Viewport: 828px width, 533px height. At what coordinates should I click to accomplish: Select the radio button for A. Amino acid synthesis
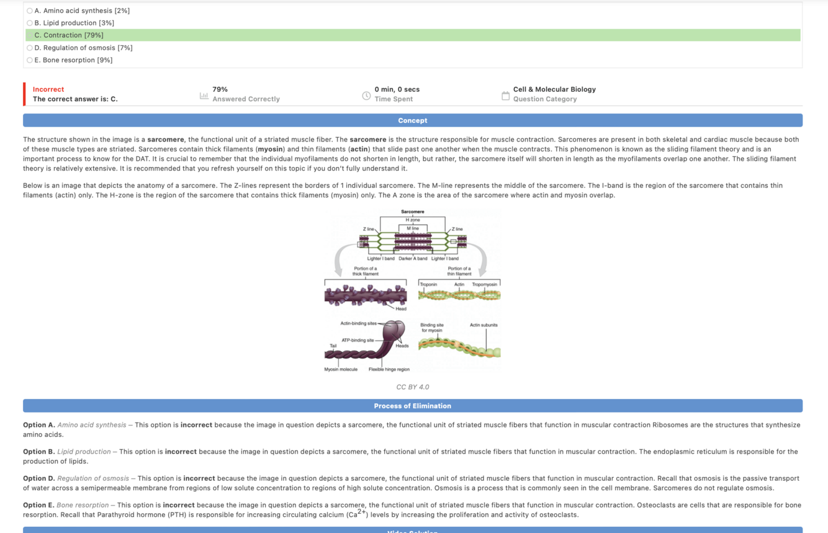click(x=30, y=11)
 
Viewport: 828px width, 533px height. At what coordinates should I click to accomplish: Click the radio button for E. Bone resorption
click(x=30, y=60)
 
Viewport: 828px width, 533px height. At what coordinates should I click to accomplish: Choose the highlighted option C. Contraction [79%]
click(x=69, y=35)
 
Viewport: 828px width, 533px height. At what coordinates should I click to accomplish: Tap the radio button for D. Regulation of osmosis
click(x=30, y=48)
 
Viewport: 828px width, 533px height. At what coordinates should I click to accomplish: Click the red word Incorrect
click(x=48, y=89)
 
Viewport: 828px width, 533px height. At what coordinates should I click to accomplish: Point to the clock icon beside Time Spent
click(x=366, y=96)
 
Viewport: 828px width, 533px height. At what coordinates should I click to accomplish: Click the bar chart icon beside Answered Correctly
click(x=204, y=96)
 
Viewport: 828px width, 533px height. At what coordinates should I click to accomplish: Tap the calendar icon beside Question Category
click(x=505, y=96)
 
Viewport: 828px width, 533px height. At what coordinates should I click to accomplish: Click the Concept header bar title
click(x=412, y=120)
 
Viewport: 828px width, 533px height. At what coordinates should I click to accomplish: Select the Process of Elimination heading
click(x=412, y=406)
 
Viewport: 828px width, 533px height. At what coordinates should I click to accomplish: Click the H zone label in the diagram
click(x=413, y=220)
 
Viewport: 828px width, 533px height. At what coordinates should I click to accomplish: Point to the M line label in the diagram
click(x=413, y=229)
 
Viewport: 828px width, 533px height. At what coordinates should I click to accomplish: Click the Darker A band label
click(x=413, y=258)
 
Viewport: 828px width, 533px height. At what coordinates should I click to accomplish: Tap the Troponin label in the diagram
click(x=428, y=284)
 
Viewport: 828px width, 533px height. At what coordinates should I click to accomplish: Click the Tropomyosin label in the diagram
click(x=484, y=284)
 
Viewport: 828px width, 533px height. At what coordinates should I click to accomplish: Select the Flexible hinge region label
click(x=389, y=369)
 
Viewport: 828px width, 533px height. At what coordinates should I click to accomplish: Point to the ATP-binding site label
click(x=358, y=340)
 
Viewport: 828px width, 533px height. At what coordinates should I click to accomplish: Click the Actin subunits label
click(x=484, y=325)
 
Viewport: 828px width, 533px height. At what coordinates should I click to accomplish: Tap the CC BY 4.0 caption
click(x=412, y=387)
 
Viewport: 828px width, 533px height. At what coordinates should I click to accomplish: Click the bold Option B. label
click(x=38, y=452)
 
